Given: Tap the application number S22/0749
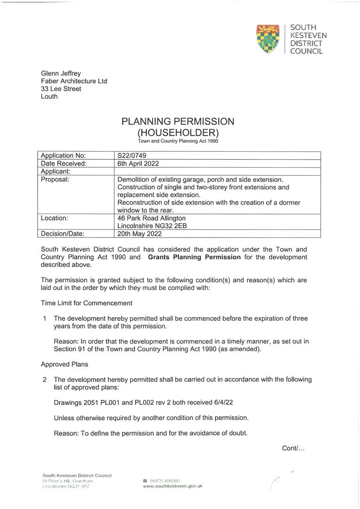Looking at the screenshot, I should (x=133, y=156).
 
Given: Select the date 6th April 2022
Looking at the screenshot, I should (x=138, y=164).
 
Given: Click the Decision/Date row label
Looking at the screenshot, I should (x=63, y=233).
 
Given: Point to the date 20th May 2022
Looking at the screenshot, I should (x=138, y=233).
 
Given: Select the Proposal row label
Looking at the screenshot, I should (x=55, y=180).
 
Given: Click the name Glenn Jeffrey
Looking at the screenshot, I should (x=61, y=74).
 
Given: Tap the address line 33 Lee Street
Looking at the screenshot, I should (x=61, y=89).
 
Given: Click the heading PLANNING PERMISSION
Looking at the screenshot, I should (x=178, y=122).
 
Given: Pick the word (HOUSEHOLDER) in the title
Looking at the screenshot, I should (x=178, y=133).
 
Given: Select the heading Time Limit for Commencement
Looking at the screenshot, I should (x=86, y=303).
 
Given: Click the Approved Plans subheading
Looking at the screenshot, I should (x=64, y=364).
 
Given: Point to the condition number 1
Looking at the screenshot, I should (x=44, y=318).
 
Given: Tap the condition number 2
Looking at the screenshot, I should (x=44, y=379).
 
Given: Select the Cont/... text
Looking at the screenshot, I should (x=293, y=448).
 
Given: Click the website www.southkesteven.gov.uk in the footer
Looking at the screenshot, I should (x=172, y=486).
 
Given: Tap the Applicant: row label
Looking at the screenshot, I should (x=56, y=172).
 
